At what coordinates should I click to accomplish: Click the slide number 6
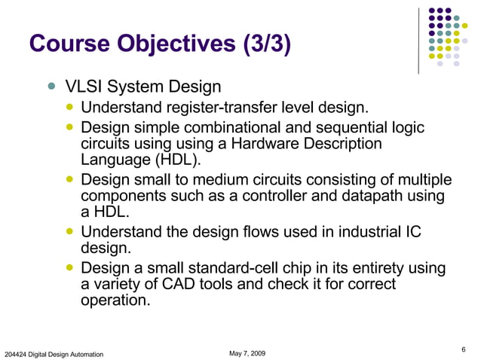[463, 347]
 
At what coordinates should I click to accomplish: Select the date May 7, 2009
[247, 352]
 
